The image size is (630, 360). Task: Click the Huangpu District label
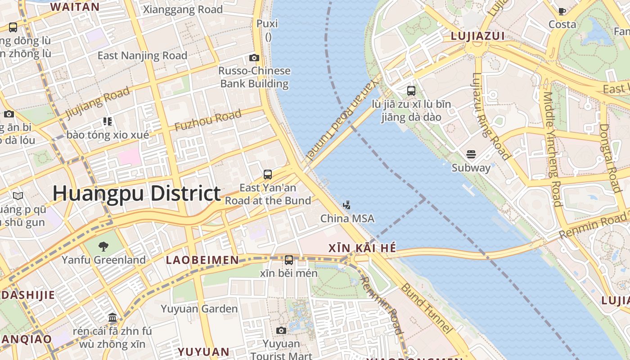pyautogui.click(x=137, y=193)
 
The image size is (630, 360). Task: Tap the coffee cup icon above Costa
pyautogui.click(x=562, y=11)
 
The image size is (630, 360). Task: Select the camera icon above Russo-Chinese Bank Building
pyautogui.click(x=254, y=58)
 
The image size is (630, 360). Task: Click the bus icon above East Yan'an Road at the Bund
pyautogui.click(x=268, y=175)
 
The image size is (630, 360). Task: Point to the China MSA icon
pyautogui.click(x=346, y=206)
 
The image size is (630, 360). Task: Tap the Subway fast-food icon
pyautogui.click(x=471, y=155)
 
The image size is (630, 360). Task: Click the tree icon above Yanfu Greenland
pyautogui.click(x=103, y=246)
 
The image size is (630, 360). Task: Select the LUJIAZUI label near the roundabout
pyautogui.click(x=478, y=36)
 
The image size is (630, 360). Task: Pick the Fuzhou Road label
pyautogui.click(x=207, y=121)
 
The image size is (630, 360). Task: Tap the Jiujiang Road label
pyautogui.click(x=98, y=102)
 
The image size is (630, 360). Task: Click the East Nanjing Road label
pyautogui.click(x=142, y=56)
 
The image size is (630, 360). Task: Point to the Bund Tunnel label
pyautogui.click(x=426, y=308)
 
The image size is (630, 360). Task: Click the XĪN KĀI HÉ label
pyautogui.click(x=362, y=247)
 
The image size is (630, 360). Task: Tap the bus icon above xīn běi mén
pyautogui.click(x=289, y=260)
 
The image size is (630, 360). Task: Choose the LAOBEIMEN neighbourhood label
pyautogui.click(x=202, y=260)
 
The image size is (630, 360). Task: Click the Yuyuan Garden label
pyautogui.click(x=199, y=309)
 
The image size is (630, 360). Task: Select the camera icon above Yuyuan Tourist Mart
pyautogui.click(x=281, y=331)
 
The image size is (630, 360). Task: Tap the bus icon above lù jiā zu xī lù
pyautogui.click(x=411, y=91)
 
